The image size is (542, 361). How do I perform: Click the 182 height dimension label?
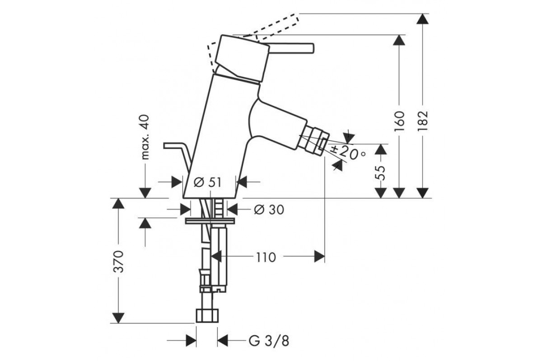[423, 120]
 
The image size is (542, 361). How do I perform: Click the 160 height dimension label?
[399, 121]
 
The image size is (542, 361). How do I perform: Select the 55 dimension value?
[380, 173]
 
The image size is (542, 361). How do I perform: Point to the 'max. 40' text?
[145, 137]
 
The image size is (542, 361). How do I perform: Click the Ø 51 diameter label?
[207, 182]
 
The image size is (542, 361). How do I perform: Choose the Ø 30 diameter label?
[269, 209]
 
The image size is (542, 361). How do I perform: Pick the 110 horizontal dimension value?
[266, 258]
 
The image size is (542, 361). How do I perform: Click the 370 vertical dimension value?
[118, 262]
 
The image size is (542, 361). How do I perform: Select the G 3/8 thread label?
[269, 341]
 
